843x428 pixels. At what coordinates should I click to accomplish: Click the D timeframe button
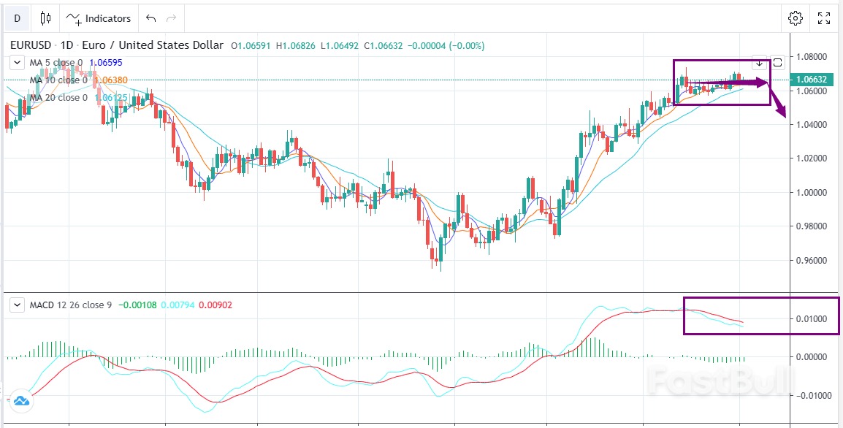(x=17, y=18)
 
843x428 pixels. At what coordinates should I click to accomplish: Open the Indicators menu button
(x=99, y=18)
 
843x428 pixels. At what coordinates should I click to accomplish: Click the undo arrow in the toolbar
(x=150, y=18)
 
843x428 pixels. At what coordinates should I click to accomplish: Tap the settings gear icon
(x=796, y=18)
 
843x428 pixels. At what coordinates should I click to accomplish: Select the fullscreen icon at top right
(x=824, y=18)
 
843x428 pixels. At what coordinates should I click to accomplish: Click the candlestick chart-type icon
(x=46, y=18)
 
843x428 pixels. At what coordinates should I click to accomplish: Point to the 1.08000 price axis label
(x=812, y=56)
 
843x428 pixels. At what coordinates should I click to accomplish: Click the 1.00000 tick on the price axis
(x=812, y=192)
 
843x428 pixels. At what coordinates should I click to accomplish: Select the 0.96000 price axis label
(x=812, y=260)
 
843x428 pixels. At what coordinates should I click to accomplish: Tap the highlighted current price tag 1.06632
(x=812, y=79)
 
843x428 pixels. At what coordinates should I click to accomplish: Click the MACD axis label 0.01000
(x=812, y=318)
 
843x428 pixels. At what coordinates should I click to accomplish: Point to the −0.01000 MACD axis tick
(x=810, y=395)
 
